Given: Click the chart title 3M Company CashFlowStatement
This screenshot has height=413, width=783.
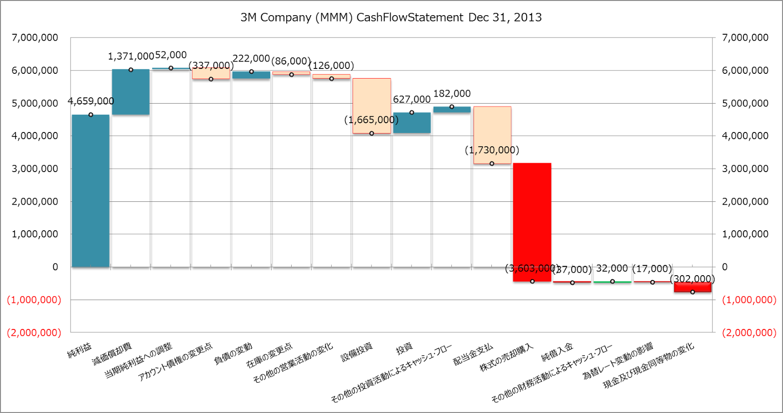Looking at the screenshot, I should [391, 18].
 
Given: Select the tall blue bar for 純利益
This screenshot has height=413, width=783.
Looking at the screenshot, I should [91, 191].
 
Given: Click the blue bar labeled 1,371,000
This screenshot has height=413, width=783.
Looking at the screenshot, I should [131, 92].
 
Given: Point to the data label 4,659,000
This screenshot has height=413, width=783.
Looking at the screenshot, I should [91, 101].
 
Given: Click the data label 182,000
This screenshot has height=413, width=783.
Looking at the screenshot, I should [452, 94].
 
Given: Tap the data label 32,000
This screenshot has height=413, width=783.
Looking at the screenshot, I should [612, 268].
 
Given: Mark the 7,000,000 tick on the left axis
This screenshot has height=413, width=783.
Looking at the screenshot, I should [35, 38].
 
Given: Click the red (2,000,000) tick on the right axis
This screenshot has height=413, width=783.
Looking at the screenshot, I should [749, 333].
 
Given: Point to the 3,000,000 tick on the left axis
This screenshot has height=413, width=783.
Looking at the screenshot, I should [35, 169].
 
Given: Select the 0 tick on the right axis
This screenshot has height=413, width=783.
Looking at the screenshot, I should [725, 267].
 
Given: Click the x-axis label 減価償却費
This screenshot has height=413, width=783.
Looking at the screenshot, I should [112, 354].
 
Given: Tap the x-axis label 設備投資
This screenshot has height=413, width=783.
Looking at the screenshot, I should [357, 352].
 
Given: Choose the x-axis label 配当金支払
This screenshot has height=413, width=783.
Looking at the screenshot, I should [473, 354].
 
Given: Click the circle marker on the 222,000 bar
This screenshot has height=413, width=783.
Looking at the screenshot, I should [252, 72].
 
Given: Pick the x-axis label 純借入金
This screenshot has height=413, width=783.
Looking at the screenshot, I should [557, 352].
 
